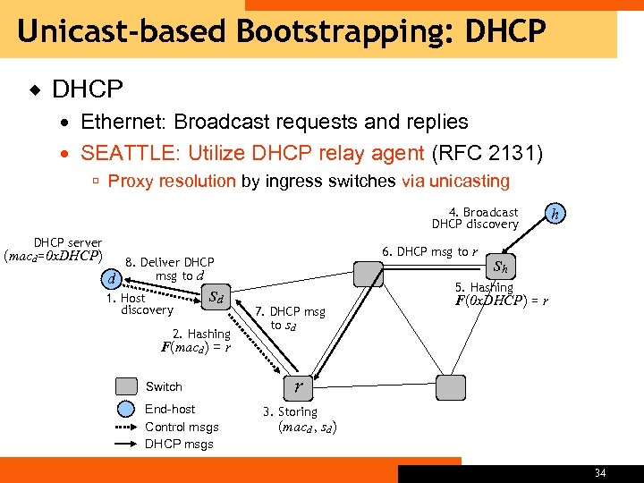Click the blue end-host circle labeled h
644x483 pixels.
point(556,213)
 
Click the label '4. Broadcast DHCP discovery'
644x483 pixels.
point(475,218)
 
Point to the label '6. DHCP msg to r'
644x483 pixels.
point(428,251)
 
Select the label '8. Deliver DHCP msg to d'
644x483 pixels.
point(169,268)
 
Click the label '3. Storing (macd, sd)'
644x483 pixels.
point(299,419)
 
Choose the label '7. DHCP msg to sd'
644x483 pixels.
point(289,318)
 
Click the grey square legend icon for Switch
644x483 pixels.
point(126,386)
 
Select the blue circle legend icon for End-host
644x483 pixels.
point(126,410)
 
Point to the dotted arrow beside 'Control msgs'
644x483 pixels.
point(126,427)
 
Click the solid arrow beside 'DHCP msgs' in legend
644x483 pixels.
point(126,444)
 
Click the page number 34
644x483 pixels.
point(599,472)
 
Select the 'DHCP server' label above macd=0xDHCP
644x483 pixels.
point(67,242)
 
